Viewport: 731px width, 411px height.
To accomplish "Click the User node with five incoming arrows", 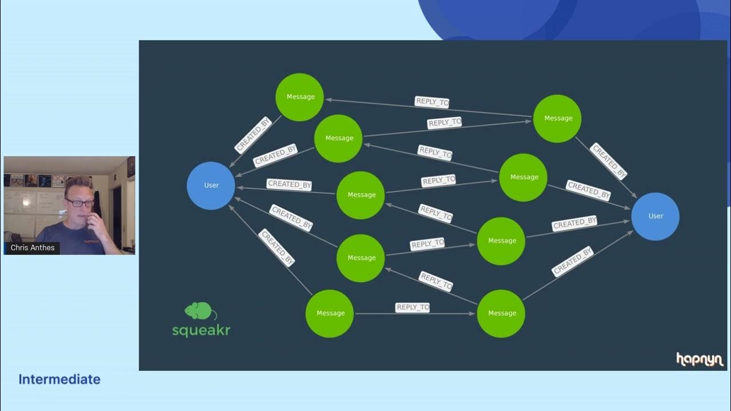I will click(211, 186).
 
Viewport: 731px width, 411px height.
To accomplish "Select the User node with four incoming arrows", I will click(655, 216).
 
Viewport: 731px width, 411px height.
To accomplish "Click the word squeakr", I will click(201, 330).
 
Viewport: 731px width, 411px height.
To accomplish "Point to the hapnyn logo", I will click(700, 359).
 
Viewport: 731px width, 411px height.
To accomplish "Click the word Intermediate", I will click(59, 380).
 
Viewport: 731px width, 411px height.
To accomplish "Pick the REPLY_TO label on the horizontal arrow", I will click(412, 308).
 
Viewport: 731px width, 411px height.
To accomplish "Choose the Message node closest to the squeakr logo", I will click(330, 313).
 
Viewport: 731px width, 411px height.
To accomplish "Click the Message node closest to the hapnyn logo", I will click(501, 313).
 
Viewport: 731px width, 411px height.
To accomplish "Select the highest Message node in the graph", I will click(300, 97).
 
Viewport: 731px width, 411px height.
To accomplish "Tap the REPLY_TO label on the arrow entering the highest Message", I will click(432, 102).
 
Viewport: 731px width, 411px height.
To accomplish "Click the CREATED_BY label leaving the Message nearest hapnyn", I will click(572, 261).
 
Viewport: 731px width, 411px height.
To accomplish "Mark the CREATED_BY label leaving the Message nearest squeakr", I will click(277, 247).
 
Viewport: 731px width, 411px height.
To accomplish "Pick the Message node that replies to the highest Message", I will click(557, 119).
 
